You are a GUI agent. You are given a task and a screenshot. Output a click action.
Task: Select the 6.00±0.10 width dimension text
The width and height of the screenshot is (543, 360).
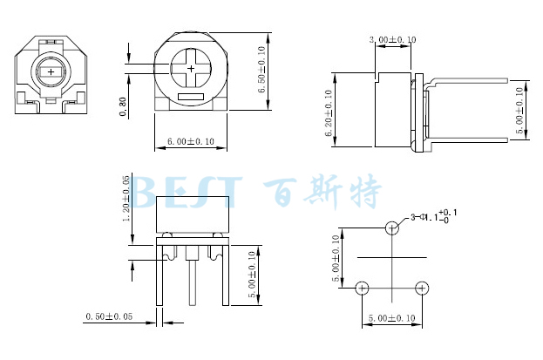coord(190,141)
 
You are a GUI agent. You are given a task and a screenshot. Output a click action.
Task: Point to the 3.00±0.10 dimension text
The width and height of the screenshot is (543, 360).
coord(392,40)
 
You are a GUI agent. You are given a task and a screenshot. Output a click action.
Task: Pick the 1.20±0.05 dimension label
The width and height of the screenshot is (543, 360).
coord(127,199)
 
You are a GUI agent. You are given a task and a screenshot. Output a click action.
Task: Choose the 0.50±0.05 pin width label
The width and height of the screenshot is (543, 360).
coord(109,317)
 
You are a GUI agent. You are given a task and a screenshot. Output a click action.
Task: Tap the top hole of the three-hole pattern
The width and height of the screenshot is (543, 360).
coord(392,228)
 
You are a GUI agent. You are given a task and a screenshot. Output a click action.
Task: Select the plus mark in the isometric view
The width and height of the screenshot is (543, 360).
coord(51,71)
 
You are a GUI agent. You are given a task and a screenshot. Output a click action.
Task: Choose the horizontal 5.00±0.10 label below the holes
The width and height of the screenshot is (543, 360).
coord(392,318)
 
